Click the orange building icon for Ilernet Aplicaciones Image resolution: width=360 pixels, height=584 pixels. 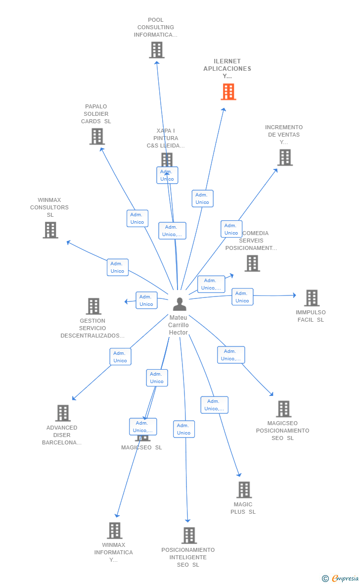point(228,92)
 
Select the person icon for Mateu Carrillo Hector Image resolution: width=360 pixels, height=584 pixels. point(180,304)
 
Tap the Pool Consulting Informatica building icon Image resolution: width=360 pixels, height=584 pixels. point(157,50)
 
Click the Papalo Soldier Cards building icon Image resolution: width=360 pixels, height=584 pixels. point(97,136)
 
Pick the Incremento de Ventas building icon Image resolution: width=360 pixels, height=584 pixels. point(285,157)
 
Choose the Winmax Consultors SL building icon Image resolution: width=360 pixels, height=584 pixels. point(50,230)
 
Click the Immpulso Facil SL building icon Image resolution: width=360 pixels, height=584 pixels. point(312,298)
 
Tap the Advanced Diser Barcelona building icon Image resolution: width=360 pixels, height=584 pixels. point(63,413)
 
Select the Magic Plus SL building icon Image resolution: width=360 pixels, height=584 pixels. point(244,489)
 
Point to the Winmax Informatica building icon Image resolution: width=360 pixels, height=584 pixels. point(115,530)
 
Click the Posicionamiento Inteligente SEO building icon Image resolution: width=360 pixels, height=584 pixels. point(189,535)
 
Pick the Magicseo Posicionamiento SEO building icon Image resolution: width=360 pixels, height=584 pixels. point(283,409)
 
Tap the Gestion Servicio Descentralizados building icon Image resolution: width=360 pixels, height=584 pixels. point(93,306)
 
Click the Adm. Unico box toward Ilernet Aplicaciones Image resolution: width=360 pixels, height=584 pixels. point(202,198)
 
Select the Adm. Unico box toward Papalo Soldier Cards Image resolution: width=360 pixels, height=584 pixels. point(137,218)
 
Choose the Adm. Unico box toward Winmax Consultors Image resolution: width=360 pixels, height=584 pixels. point(118,267)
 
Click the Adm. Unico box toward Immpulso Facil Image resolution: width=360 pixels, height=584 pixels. point(242,297)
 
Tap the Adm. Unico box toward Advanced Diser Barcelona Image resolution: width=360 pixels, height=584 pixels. point(120,357)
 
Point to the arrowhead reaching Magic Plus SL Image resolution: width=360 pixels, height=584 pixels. point(239,475)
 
